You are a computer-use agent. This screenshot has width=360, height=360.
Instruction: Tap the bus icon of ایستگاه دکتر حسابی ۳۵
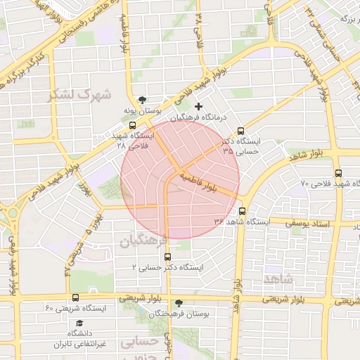pyautogui.click(x=241, y=130)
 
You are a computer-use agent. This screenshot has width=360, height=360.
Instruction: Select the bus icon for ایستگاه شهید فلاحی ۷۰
pyautogui.click(x=339, y=173)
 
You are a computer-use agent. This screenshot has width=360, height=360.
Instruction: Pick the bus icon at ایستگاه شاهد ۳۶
pyautogui.click(x=242, y=211)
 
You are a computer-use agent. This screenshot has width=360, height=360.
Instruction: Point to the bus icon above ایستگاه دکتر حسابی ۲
pyautogui.click(x=166, y=257)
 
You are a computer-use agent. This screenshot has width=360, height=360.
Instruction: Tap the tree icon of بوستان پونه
pyautogui.click(x=144, y=100)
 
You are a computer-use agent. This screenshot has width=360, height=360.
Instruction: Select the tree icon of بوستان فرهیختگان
pyautogui.click(x=179, y=303)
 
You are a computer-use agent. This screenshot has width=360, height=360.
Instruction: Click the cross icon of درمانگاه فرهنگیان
pyautogui.click(x=198, y=106)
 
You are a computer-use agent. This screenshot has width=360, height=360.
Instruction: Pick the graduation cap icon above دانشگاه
pyautogui.click(x=79, y=323)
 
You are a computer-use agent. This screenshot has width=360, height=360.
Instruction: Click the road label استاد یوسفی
pyautogui.click(x=309, y=223)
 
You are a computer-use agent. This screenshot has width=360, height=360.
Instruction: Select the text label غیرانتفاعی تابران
pyautogui.click(x=80, y=345)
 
